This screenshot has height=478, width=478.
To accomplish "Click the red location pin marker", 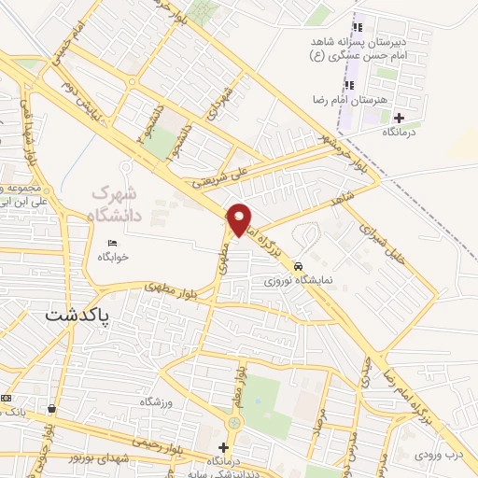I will pyautogui.click(x=239, y=218).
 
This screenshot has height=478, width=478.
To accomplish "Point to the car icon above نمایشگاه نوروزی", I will pyautogui.click(x=298, y=265).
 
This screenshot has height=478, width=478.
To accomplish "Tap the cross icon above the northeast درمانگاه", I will pyautogui.click(x=400, y=118).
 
